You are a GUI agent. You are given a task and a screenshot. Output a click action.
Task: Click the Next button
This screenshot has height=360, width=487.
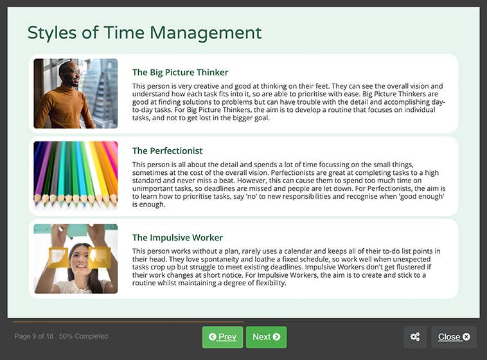pyautogui.click(x=266, y=337)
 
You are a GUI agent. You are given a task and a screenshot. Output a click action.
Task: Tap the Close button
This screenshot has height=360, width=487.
pyautogui.click(x=454, y=337)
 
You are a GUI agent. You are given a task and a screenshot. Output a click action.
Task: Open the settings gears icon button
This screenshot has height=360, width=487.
pyautogui.click(x=415, y=337)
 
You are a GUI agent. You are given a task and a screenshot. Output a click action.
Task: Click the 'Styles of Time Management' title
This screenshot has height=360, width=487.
pyautogui.click(x=145, y=33)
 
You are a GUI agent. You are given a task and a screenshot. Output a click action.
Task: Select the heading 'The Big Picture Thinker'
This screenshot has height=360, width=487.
pyautogui.click(x=180, y=72)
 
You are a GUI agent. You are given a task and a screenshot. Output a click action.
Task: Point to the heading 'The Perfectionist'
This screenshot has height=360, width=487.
pyautogui.click(x=167, y=150)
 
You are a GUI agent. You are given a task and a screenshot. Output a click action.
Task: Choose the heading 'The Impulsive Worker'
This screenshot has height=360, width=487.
pyautogui.click(x=177, y=237)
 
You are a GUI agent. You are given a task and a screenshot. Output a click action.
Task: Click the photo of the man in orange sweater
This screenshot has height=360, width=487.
pyautogui.click(x=75, y=93)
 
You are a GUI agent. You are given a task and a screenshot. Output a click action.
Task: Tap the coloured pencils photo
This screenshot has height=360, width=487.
pyautogui.click(x=75, y=175)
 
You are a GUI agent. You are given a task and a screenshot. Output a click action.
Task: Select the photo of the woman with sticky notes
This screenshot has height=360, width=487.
pyautogui.click(x=75, y=258)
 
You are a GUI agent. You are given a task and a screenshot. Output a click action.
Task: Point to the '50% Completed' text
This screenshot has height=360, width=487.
pyautogui.click(x=84, y=336)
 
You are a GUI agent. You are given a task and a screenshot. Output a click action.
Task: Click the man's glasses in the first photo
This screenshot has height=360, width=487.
pyautogui.click(x=74, y=71)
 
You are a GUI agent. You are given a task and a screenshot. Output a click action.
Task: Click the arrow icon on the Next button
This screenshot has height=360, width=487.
pyautogui.click(x=276, y=337)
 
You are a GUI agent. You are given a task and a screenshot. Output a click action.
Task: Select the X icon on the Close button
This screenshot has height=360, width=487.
pyautogui.click(x=466, y=337)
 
